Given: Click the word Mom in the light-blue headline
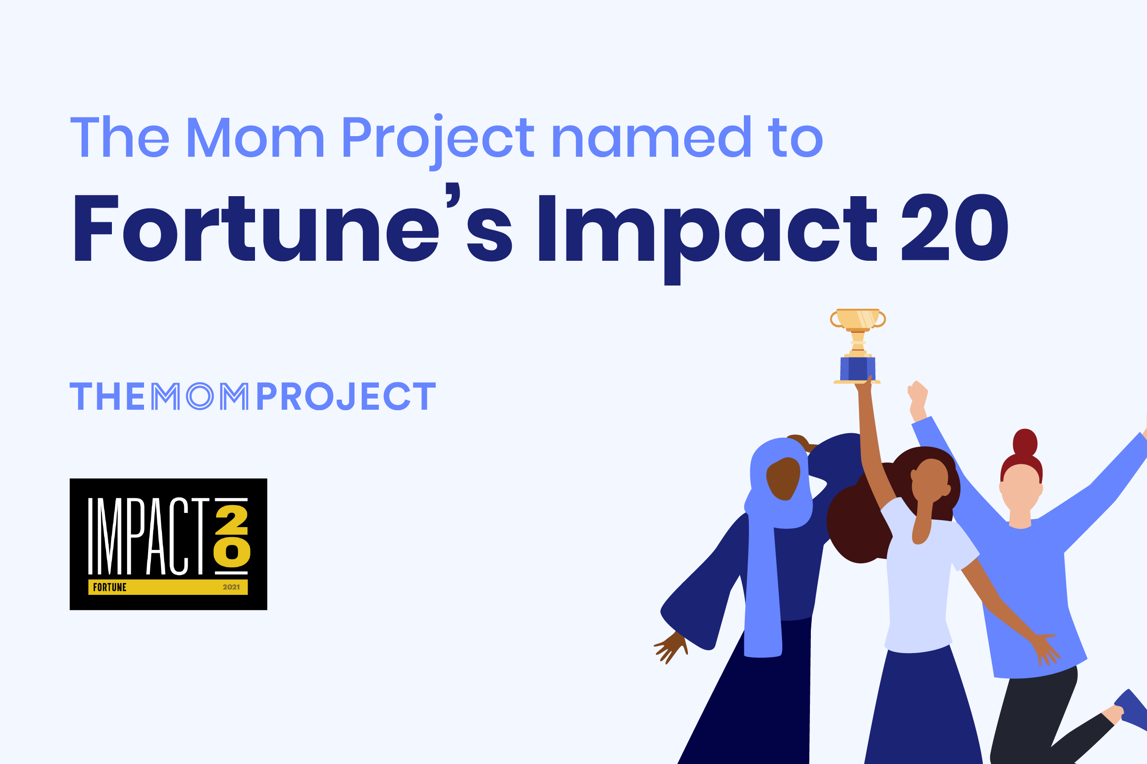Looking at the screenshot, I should click(255, 138).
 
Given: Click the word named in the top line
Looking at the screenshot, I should click(651, 138).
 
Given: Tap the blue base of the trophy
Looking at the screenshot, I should click(858, 369).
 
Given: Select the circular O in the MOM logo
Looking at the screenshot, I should click(200, 396).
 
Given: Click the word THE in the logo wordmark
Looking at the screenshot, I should click(108, 396).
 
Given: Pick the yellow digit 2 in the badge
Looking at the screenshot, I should click(232, 519).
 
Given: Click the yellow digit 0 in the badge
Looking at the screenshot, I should click(232, 552).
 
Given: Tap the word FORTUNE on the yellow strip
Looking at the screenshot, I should click(110, 587).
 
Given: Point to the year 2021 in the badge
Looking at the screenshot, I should click(231, 587).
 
